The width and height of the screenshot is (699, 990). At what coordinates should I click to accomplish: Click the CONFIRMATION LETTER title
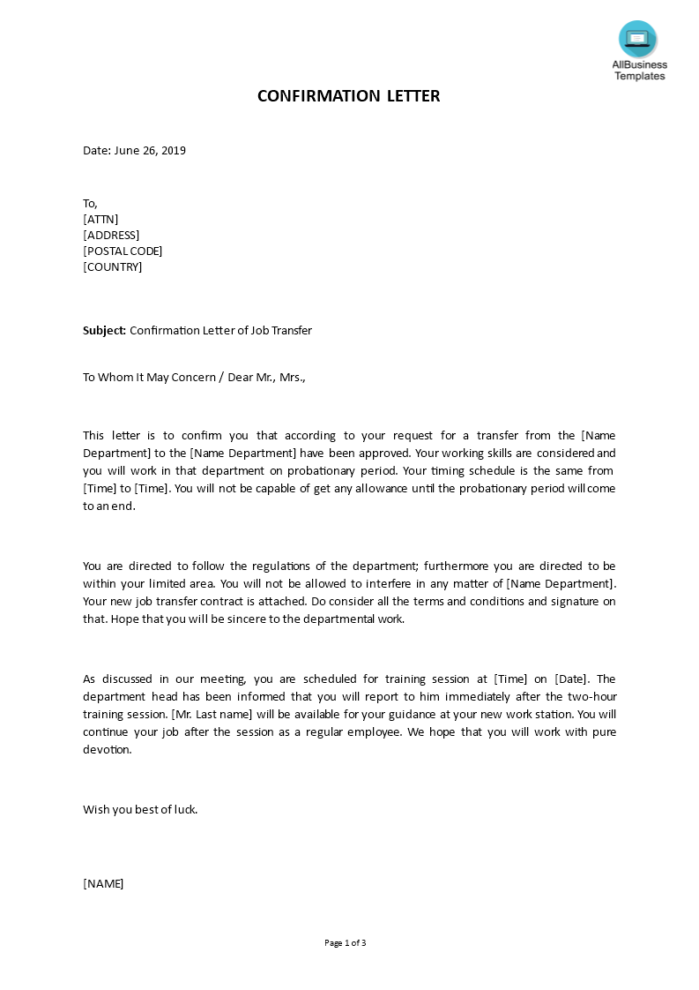click(x=348, y=96)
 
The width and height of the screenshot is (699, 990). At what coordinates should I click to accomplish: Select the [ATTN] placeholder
click(x=100, y=219)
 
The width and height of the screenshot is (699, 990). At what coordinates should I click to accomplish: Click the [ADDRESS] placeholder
click(x=111, y=235)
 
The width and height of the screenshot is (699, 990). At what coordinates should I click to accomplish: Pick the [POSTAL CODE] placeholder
click(x=123, y=251)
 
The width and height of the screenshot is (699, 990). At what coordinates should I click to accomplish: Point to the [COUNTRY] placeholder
click(x=112, y=266)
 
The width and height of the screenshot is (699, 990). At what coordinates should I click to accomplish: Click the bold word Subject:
click(x=105, y=331)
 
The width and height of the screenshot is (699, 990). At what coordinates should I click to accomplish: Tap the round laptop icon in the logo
click(x=637, y=39)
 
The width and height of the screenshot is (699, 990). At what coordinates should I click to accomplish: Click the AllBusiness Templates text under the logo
click(x=640, y=71)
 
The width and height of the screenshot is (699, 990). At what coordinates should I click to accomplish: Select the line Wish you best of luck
click(x=140, y=809)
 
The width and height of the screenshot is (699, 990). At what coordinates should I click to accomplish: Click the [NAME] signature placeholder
click(x=103, y=883)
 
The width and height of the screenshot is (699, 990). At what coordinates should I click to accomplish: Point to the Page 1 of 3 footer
click(x=346, y=942)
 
